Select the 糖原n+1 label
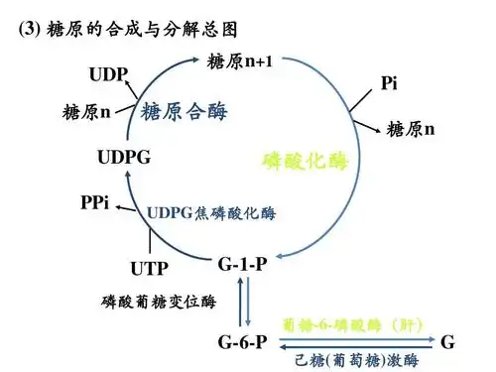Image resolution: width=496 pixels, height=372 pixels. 241,62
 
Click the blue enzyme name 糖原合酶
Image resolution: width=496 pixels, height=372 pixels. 185,110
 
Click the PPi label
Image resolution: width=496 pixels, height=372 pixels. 94,204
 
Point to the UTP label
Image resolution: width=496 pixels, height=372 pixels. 149,268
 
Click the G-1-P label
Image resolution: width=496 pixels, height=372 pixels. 242,263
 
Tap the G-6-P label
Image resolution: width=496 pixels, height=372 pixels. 242,342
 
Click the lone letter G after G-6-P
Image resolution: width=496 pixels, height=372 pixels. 447,342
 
